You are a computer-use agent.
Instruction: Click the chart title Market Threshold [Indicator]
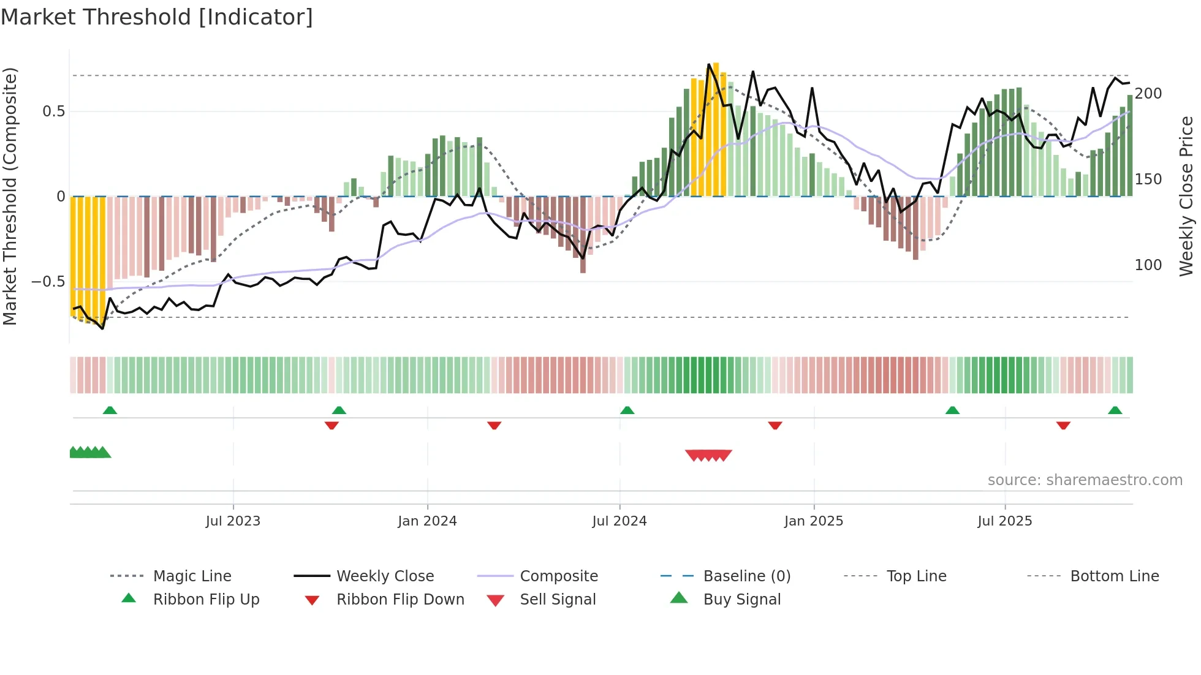[157, 17]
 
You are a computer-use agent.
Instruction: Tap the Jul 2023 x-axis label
[233, 521]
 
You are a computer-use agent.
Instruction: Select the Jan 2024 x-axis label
[427, 521]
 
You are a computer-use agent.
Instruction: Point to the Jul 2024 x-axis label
[619, 521]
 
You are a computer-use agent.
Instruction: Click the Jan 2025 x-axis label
[814, 521]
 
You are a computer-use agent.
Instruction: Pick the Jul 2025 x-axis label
[1005, 521]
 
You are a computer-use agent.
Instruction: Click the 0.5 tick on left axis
[53, 111]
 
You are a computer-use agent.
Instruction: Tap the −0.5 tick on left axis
[48, 282]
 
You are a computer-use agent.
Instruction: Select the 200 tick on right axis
[1148, 94]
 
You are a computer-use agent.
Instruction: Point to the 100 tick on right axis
[1148, 265]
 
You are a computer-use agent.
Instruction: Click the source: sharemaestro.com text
[1085, 480]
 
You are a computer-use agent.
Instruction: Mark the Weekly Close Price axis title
[1187, 196]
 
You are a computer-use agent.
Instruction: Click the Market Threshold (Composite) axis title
[10, 196]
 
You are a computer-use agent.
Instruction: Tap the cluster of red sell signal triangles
[708, 455]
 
